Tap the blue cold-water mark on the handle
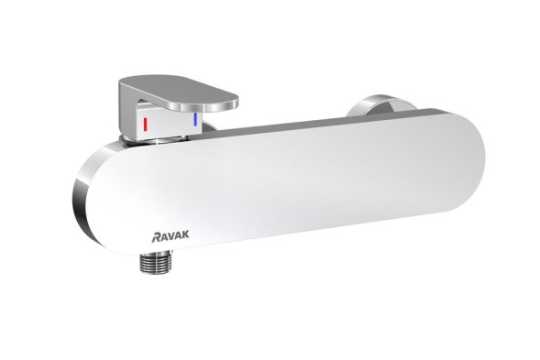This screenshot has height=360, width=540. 194,120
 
